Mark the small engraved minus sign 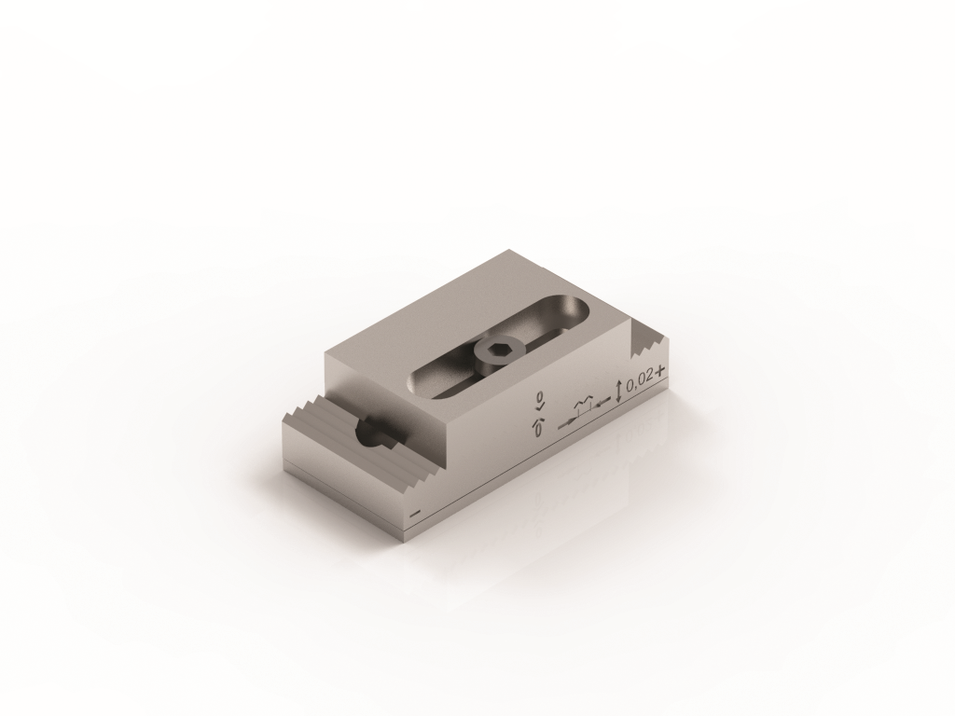[416, 515]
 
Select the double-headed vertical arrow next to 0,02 [619, 391]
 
